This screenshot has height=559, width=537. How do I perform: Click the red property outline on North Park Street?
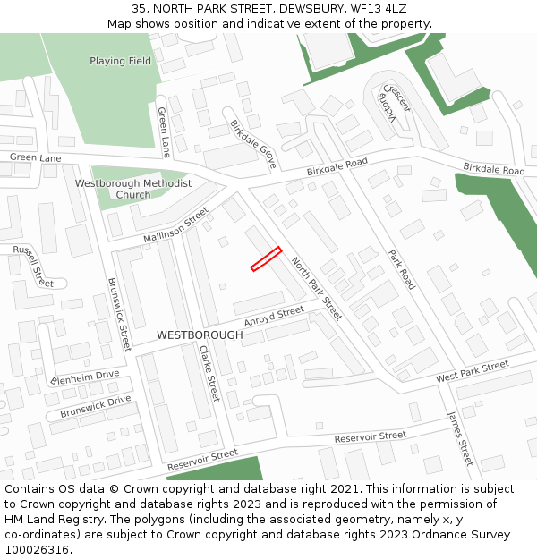tap(266, 258)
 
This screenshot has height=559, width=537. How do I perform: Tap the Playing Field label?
tap(121, 62)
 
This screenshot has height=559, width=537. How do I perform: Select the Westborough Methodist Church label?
tap(133, 189)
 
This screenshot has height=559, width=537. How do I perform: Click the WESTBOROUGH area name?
tap(200, 335)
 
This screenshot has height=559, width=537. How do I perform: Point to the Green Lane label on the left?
tap(36, 157)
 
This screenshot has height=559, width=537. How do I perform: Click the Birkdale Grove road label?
tap(253, 144)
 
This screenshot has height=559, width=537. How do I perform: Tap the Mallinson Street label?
tap(175, 224)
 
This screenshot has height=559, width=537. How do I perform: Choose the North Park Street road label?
tap(317, 289)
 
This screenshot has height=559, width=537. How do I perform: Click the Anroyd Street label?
tap(274, 316)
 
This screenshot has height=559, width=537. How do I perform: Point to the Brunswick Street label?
tap(119, 312)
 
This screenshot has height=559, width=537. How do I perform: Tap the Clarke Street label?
tap(209, 373)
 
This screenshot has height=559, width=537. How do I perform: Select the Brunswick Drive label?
tap(96, 407)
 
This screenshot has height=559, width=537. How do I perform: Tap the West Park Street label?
tap(472, 371)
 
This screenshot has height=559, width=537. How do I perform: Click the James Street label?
tap(459, 438)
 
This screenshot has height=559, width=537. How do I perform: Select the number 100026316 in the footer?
tap(37, 550)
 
